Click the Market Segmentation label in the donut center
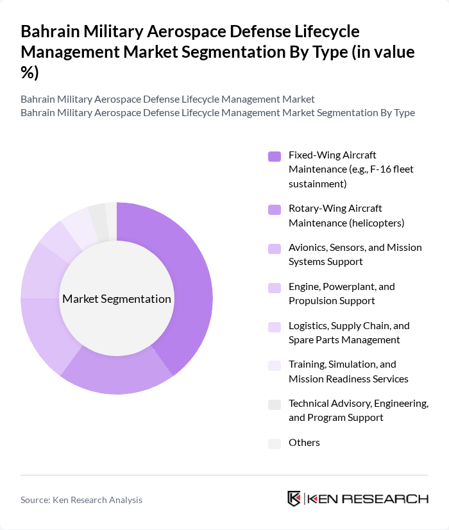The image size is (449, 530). pos(117,299)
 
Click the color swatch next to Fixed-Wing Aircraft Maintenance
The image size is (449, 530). pos(275,156)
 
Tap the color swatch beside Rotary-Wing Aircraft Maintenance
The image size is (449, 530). pos(275,209)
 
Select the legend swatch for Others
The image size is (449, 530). pos(275,443)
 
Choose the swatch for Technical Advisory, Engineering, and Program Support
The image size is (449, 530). pos(275,404)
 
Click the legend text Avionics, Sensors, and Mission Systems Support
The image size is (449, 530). pos(355,255)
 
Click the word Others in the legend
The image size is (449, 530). pos(304,443)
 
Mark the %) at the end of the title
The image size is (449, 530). pos(30,73)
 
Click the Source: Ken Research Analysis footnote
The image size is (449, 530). pos(81,500)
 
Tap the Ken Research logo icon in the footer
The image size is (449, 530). pos(294,499)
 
